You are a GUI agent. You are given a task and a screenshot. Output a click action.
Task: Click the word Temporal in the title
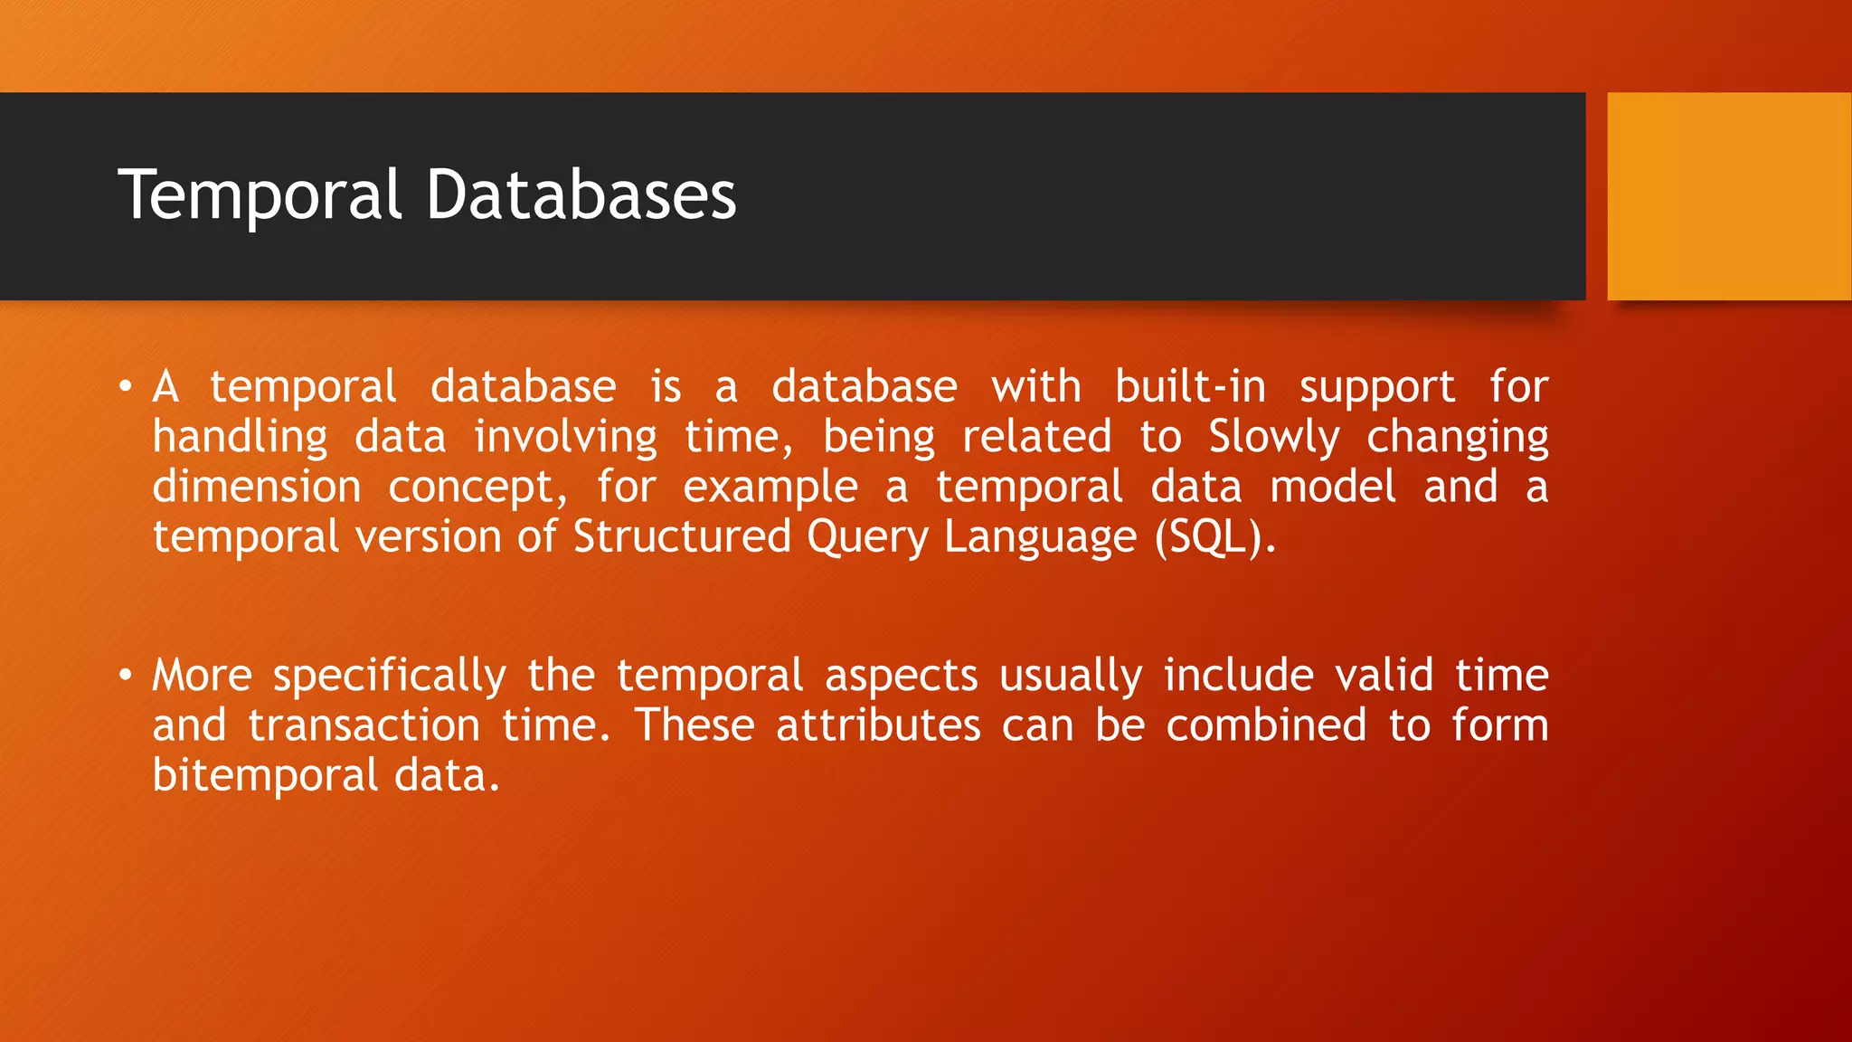coord(260,195)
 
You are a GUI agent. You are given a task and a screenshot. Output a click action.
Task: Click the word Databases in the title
coord(581,195)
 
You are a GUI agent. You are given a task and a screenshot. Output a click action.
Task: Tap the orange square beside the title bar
coord(1728,196)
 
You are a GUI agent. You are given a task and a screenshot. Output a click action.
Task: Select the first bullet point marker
coord(126,388)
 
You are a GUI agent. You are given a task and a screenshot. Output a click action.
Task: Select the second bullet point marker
coord(126,676)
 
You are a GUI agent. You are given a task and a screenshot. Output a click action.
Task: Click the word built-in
coord(1190,387)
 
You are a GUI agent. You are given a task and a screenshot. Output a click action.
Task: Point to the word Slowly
coord(1274,438)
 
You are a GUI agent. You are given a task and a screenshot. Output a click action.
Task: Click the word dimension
coord(257,487)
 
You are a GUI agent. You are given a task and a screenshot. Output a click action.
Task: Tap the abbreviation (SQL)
coord(1214,537)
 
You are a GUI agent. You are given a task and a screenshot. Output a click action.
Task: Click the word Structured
coord(683,536)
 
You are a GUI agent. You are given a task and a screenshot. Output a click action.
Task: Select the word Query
coord(867,538)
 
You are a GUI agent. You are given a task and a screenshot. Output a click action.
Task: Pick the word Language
coord(1040,538)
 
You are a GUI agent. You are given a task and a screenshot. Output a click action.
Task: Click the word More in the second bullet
coord(202,676)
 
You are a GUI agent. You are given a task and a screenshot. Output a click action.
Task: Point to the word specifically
coord(390,677)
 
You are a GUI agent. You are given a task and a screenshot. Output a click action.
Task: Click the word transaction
coord(364,726)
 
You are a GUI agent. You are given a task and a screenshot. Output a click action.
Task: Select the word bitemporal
coord(265,776)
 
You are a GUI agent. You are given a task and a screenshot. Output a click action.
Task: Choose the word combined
coord(1266,726)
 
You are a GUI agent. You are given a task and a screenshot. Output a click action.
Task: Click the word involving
coord(566,438)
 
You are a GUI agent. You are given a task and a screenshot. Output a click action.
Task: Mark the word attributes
coord(878,726)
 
